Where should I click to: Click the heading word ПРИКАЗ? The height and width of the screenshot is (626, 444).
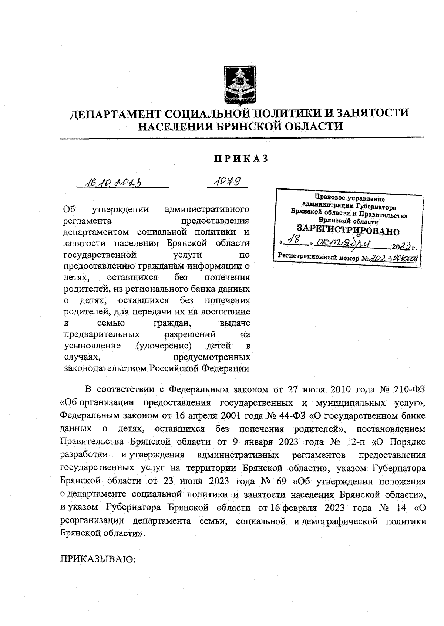[241, 159]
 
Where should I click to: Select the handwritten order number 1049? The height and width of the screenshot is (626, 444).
[227, 181]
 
